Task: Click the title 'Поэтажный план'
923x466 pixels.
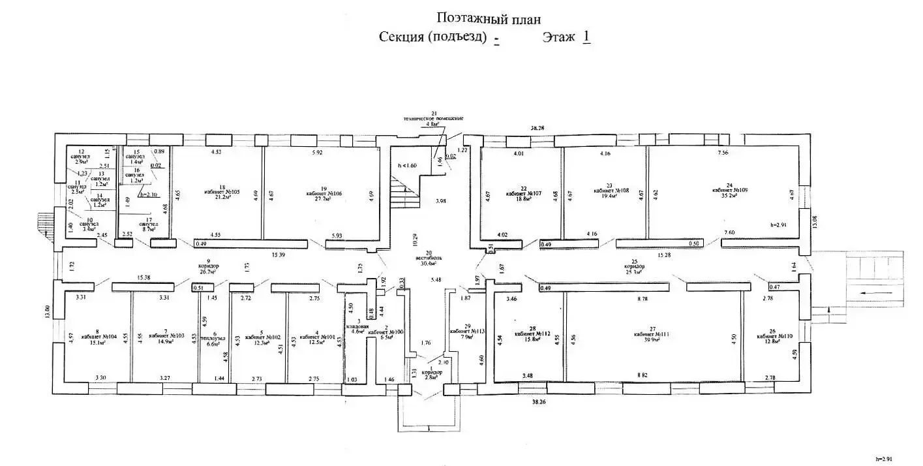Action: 488,19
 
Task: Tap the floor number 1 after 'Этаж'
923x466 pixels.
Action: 586,37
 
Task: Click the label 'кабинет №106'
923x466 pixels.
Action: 319,194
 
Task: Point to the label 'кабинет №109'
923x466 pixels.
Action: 730,190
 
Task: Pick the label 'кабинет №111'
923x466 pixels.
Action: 652,334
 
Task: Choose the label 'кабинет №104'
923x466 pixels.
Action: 99,337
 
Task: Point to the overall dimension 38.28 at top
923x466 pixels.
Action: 537,129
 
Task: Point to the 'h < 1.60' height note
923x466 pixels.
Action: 407,165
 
